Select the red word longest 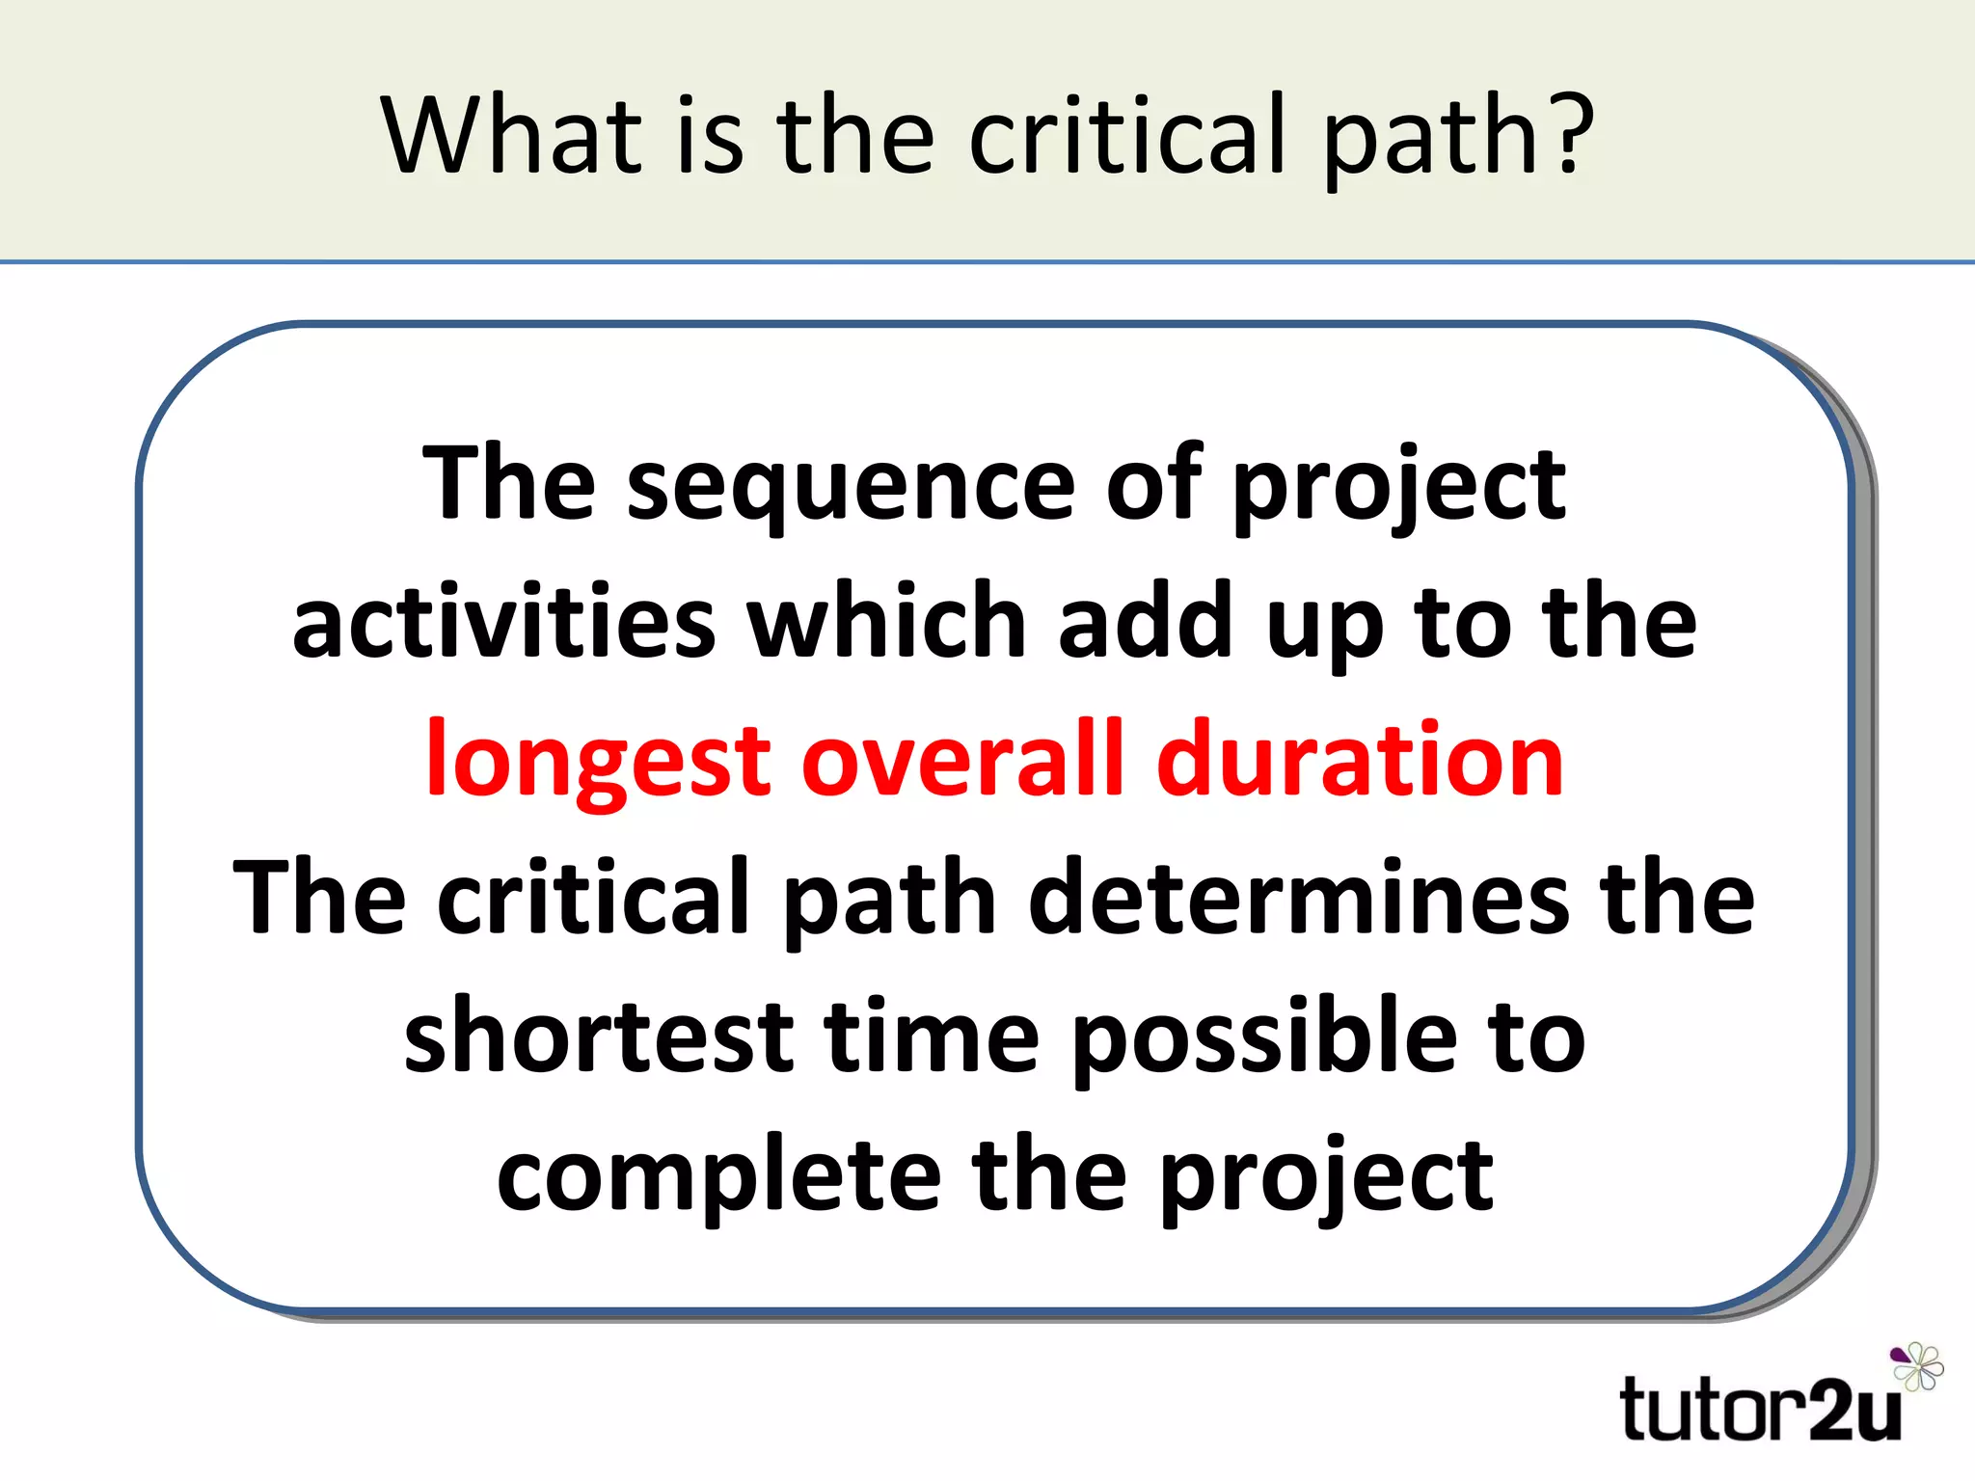point(598,762)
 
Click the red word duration point(1360,762)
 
